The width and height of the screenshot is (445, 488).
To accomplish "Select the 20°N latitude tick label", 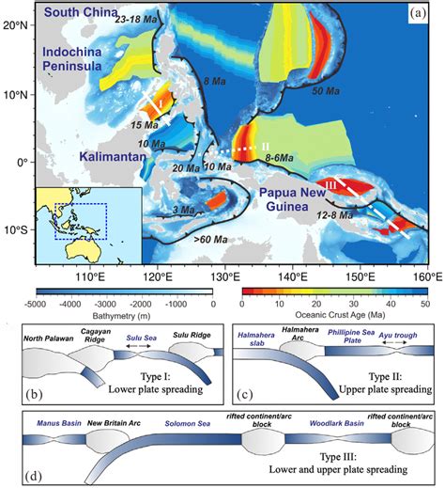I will click(13, 25).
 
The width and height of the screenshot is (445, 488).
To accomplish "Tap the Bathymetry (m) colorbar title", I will click(122, 317).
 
